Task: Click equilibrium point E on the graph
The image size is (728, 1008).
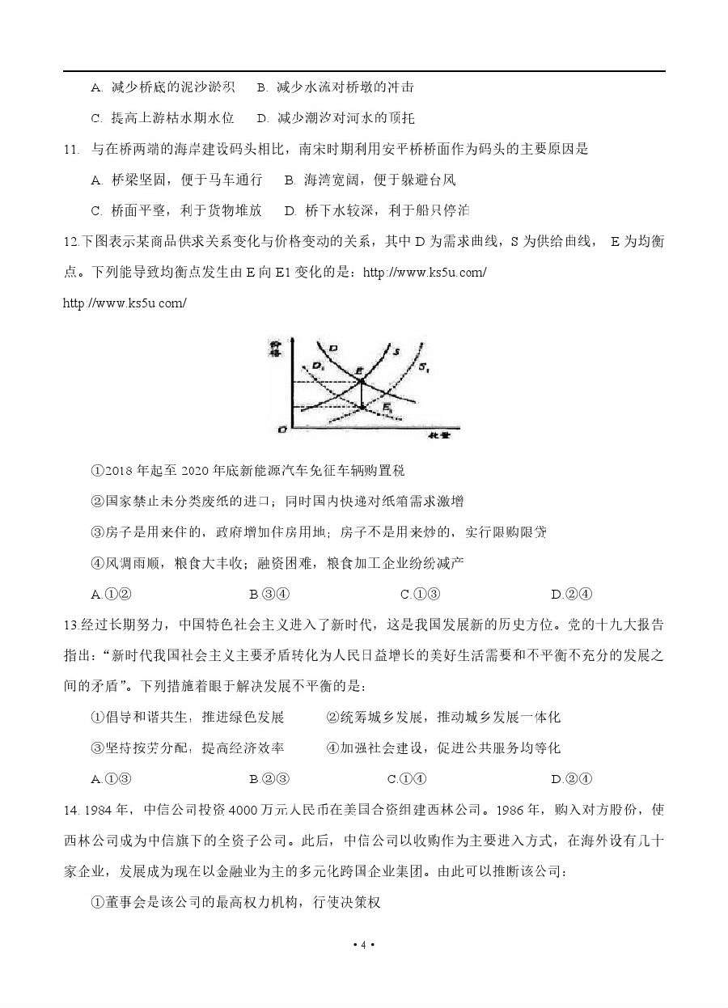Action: tap(362, 381)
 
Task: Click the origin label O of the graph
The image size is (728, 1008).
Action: tap(281, 430)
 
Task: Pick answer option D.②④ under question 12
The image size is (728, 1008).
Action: tap(572, 594)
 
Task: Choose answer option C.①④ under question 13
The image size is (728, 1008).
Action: tap(407, 779)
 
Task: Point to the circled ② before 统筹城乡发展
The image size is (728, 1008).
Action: tap(332, 717)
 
